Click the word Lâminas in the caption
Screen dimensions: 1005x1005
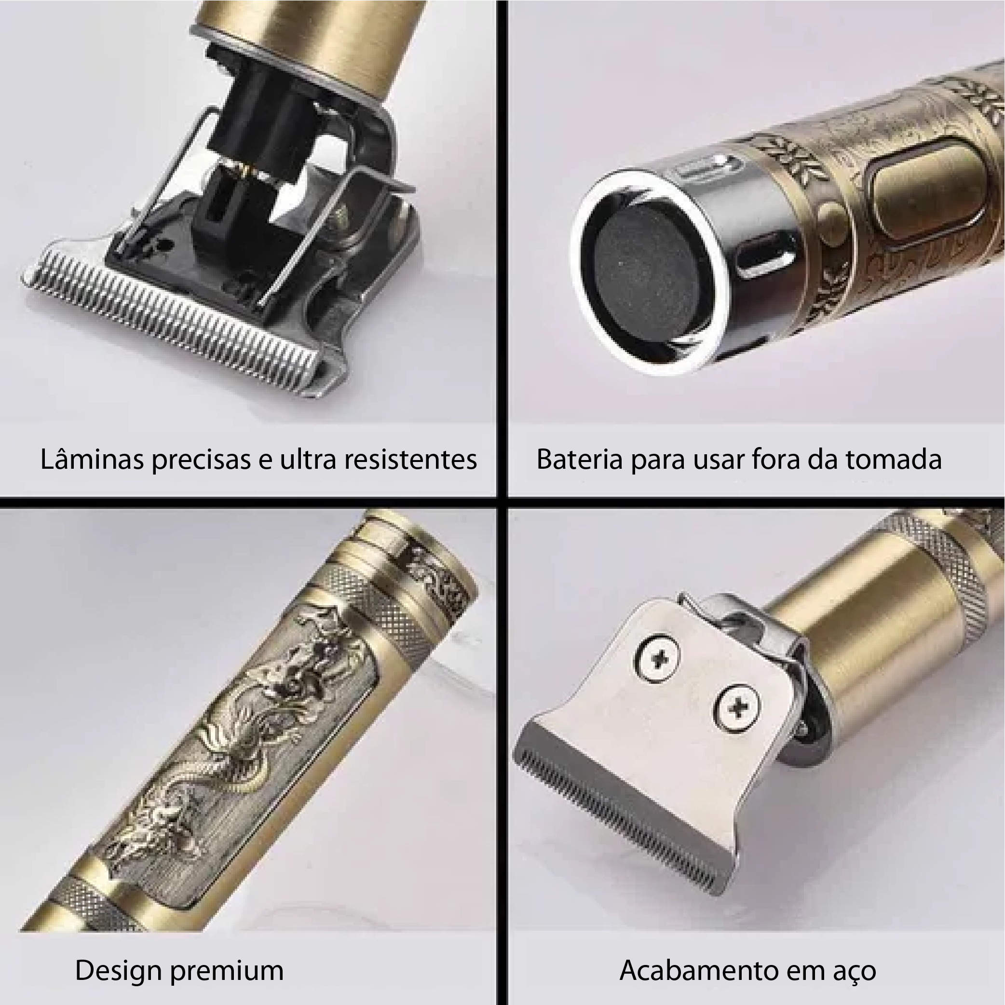click(x=92, y=459)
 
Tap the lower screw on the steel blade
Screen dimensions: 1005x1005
click(x=737, y=707)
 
